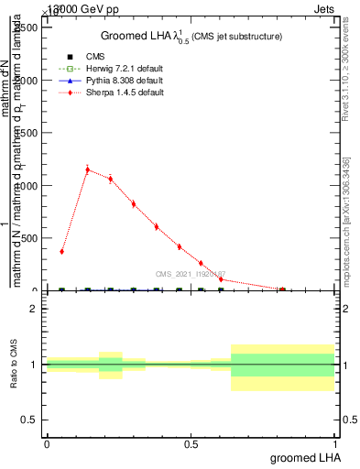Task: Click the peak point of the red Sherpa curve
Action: tap(87, 169)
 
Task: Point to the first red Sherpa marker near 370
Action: tap(61, 251)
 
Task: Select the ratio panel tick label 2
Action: tap(34, 310)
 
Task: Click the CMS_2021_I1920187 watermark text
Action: tap(190, 274)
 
